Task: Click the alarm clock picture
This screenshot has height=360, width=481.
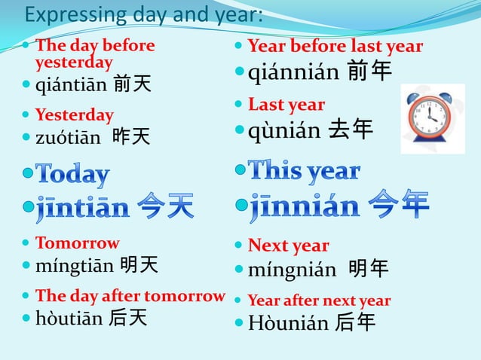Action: click(432, 118)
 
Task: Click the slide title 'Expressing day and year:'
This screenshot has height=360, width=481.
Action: click(143, 15)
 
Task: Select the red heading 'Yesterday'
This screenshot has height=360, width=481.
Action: click(74, 115)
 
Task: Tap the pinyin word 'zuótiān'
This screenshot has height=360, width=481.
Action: click(68, 137)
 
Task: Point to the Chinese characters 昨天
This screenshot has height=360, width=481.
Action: click(131, 136)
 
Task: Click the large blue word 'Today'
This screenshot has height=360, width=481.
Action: click(72, 175)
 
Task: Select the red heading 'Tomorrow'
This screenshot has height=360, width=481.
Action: click(77, 243)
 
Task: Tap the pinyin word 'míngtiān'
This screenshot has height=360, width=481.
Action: click(75, 265)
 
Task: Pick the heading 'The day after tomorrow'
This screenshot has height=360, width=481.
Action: click(130, 296)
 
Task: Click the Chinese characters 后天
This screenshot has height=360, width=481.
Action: click(127, 318)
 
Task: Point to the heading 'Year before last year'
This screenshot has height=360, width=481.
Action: click(335, 46)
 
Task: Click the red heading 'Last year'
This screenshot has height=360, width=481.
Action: click(286, 105)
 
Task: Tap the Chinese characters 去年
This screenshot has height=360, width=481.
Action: click(351, 130)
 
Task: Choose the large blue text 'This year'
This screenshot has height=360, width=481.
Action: click(304, 171)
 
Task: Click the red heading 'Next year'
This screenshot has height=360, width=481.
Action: click(288, 246)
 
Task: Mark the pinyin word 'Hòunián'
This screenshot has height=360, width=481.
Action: click(288, 324)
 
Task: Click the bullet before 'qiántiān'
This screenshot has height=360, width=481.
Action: click(27, 84)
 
